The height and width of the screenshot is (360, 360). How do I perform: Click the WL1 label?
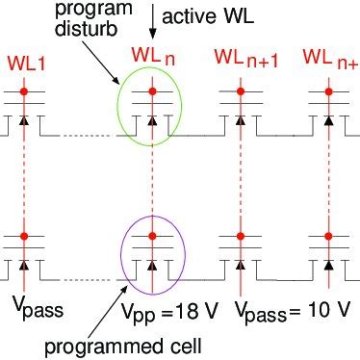pyautogui.click(x=24, y=64)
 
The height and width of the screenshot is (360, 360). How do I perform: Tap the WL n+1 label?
pyautogui.click(x=244, y=65)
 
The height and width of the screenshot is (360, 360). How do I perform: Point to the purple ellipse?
pyautogui.click(x=152, y=250)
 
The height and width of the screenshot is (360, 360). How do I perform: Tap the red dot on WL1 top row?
pyautogui.click(x=26, y=96)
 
